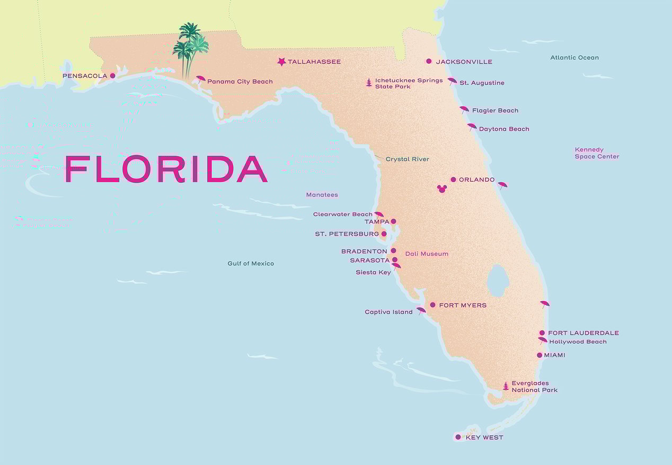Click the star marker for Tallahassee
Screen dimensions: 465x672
pos(281,62)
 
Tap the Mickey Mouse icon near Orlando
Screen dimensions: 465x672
pos(442,189)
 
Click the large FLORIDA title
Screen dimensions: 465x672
pos(166,169)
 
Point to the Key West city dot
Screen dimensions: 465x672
pos(458,437)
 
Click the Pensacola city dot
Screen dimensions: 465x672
pos(112,76)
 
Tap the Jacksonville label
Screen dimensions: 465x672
pos(464,62)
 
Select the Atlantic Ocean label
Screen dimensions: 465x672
pos(574,58)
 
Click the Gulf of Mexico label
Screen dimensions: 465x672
pos(251,263)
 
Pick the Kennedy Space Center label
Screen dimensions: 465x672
pos(597,153)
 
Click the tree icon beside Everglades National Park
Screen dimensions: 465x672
pos(506,386)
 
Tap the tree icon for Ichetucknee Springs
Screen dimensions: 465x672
pos(369,83)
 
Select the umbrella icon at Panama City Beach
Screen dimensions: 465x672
pos(200,79)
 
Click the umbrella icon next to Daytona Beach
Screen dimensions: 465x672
pos(472,127)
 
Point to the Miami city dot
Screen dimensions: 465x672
pos(540,355)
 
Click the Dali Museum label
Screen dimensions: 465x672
pos(427,254)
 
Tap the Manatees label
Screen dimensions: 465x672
pos(322,195)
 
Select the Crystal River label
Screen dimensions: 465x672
pos(407,159)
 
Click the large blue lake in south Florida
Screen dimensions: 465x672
pos(498,281)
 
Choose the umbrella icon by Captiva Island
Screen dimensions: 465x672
pos(421,310)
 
